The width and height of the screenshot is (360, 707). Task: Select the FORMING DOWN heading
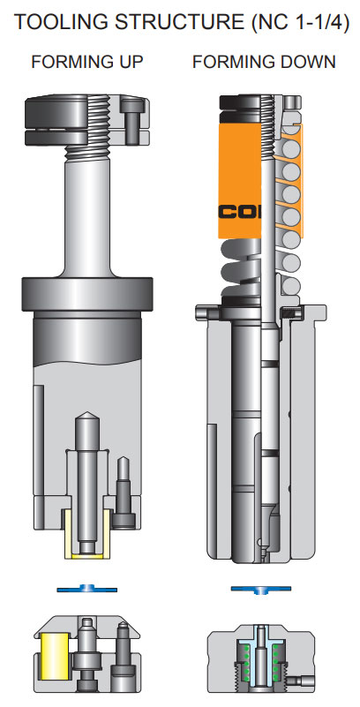264,62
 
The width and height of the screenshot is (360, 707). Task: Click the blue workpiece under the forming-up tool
86,588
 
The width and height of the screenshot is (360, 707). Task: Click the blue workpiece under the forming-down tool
261,588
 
